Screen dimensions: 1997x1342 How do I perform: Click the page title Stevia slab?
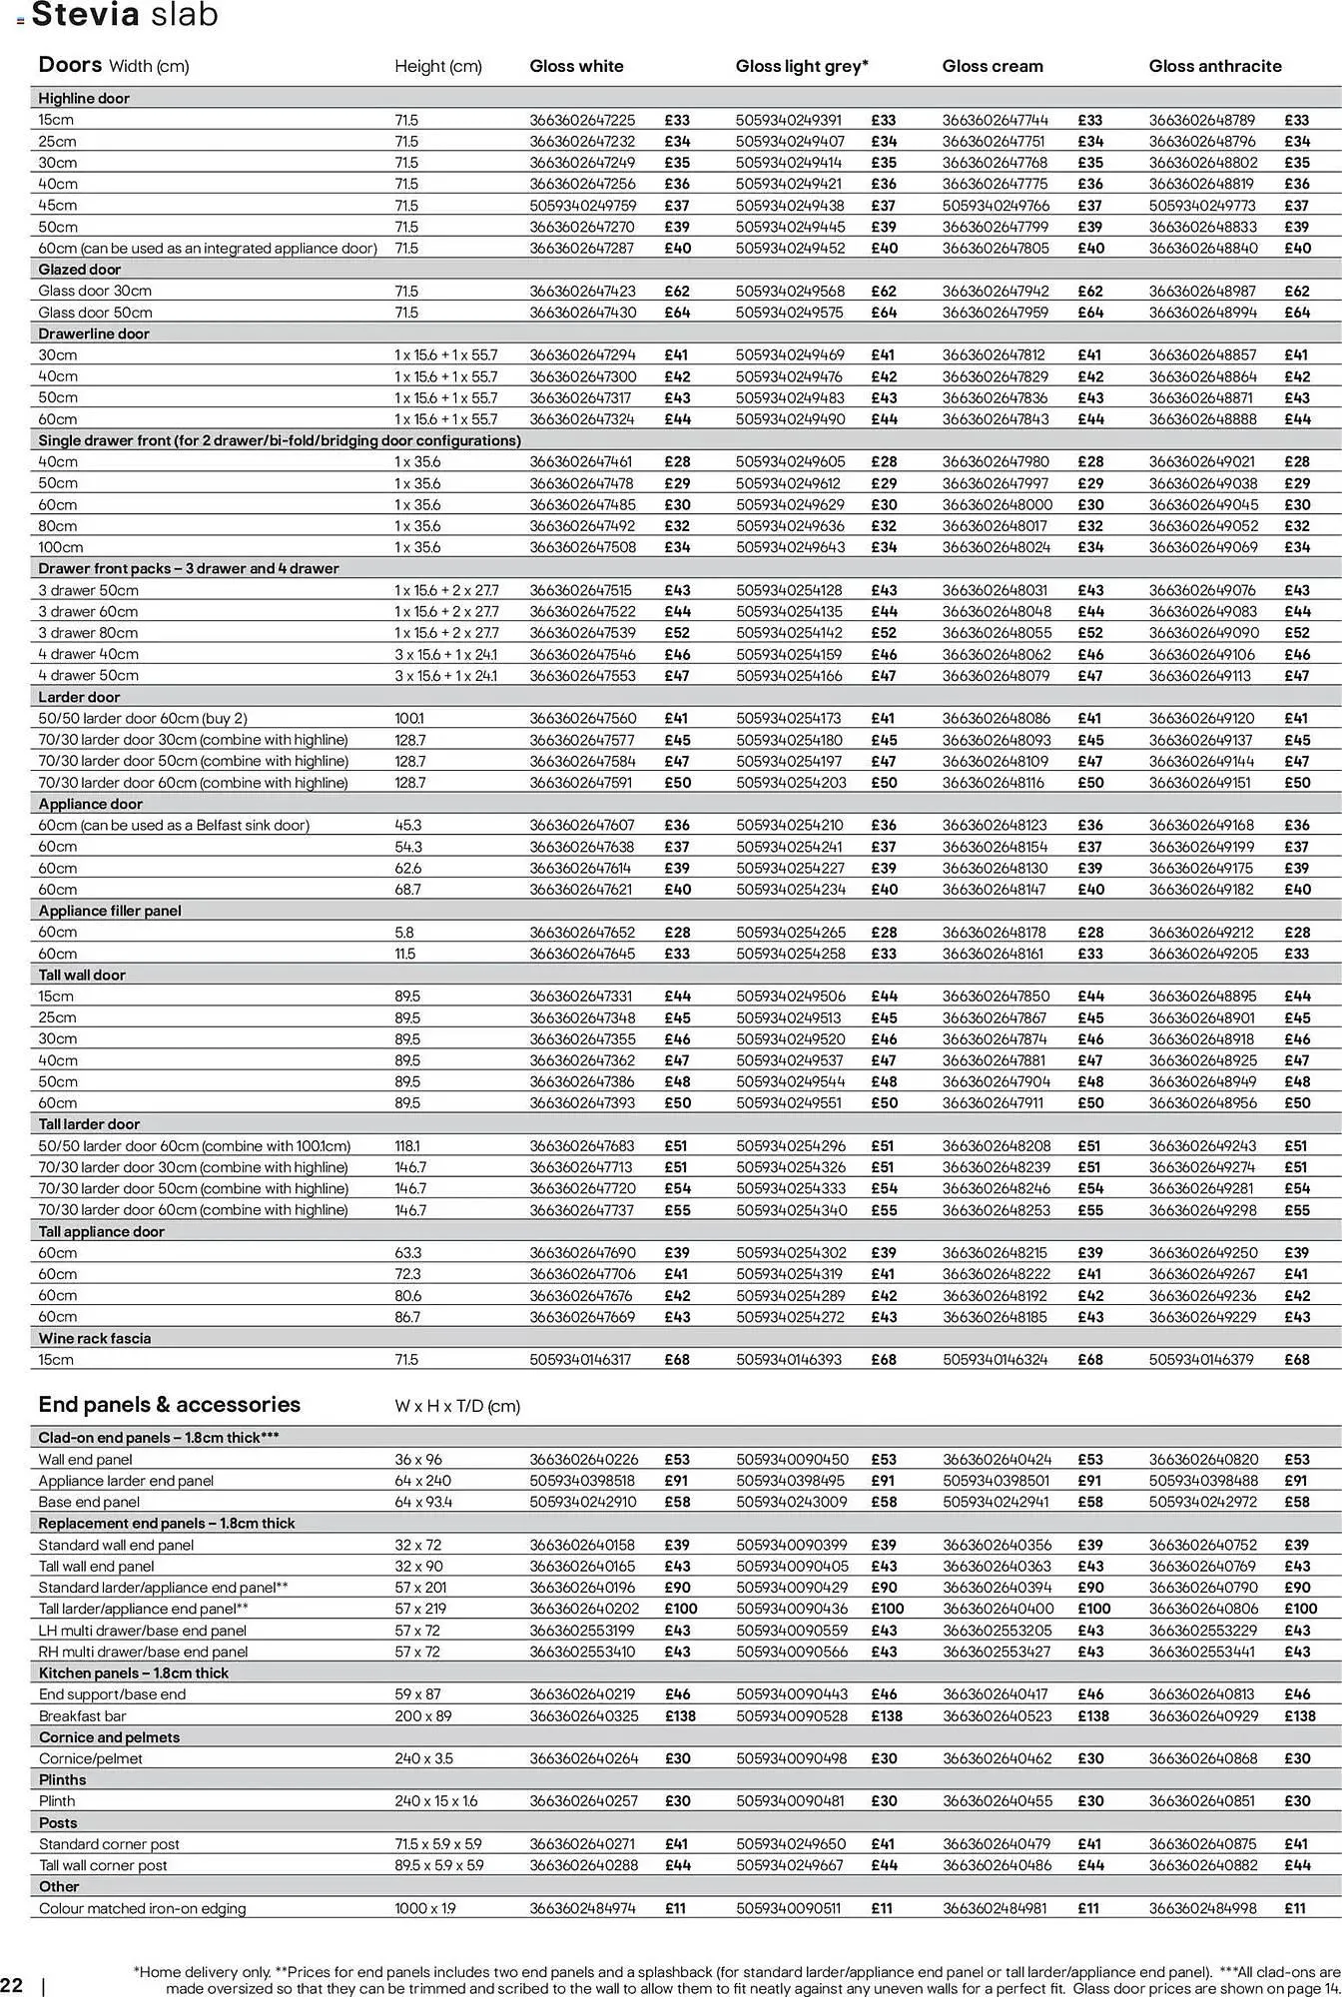tap(125, 15)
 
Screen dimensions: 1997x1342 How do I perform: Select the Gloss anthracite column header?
tap(1214, 66)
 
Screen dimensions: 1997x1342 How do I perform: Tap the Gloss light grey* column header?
tap(802, 66)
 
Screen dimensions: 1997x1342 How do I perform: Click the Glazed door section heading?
tap(80, 270)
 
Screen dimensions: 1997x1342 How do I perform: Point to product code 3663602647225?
tap(581, 120)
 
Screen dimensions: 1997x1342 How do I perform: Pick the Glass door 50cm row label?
tap(95, 313)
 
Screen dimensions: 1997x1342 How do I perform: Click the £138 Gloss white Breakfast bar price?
tap(680, 1715)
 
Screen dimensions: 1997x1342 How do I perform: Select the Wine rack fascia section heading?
tap(95, 1338)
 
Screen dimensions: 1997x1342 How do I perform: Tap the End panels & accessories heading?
tap(169, 1404)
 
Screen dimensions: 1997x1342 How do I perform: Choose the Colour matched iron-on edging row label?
tap(142, 1908)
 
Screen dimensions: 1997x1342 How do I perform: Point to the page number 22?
tap(12, 1984)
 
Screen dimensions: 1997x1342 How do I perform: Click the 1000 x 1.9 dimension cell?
tap(424, 1908)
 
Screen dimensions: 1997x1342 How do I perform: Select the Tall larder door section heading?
tap(89, 1124)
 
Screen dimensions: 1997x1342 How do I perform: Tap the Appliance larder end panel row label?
tap(126, 1481)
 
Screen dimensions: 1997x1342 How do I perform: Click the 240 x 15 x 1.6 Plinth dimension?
tap(435, 1801)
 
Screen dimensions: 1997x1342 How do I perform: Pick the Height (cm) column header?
tap(437, 66)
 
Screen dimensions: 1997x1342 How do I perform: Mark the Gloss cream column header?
tap(992, 66)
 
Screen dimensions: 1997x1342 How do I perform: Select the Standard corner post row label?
tap(109, 1844)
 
